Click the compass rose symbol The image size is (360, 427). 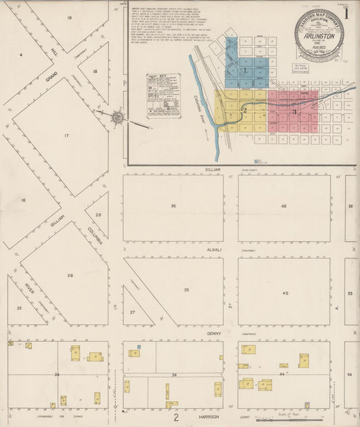[118, 118]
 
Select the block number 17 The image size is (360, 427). [66, 136]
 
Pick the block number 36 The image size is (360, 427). [173, 205]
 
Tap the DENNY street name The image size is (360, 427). [214, 333]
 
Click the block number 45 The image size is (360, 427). [285, 293]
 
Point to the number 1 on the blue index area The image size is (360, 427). [245, 70]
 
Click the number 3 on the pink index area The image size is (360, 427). [294, 111]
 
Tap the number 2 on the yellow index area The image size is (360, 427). [245, 109]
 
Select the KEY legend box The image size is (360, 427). [163, 96]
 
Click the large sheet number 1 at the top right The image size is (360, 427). [346, 13]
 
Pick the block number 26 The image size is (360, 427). [70, 275]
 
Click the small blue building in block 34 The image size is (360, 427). [138, 347]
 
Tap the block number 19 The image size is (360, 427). [70, 18]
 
